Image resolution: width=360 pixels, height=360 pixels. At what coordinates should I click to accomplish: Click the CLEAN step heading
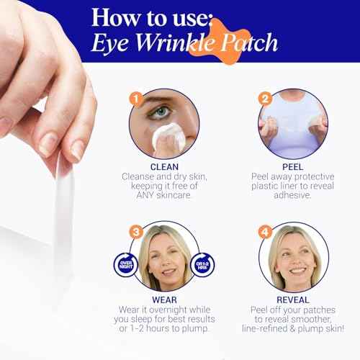(165, 164)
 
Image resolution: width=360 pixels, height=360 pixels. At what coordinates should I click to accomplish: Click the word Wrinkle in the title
(186, 42)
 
